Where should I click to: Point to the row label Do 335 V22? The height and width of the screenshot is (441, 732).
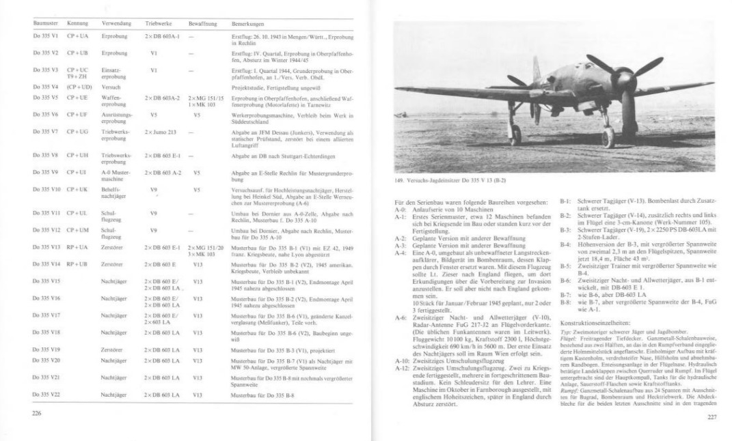coord(47,395)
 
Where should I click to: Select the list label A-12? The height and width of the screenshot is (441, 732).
coord(403,367)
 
